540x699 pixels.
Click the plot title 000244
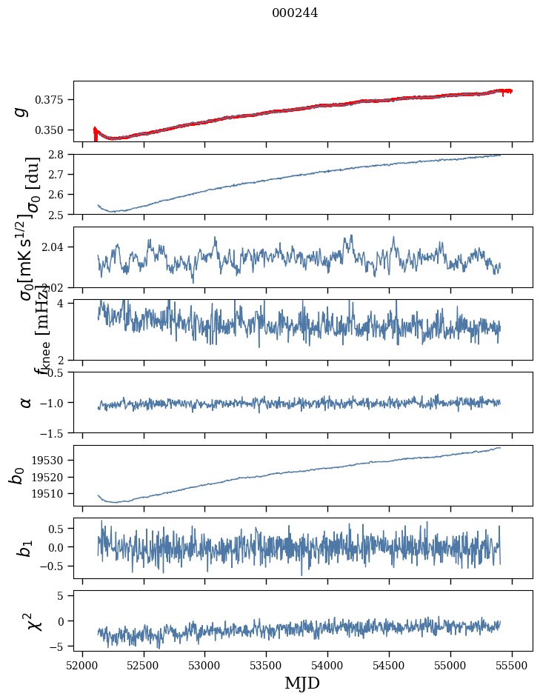click(x=295, y=13)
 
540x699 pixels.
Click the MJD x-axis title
click(x=302, y=683)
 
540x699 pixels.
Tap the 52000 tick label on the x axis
click(x=82, y=665)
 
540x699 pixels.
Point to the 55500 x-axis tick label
click(x=513, y=665)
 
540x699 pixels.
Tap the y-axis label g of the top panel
click(x=22, y=110)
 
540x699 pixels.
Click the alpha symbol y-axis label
click(x=25, y=402)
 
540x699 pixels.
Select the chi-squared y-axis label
click(x=30, y=621)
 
